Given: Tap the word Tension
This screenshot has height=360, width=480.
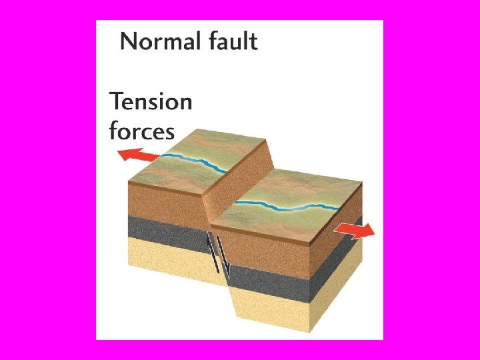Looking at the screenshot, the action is click(x=151, y=102).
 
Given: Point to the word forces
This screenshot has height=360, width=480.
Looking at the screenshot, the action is click(x=141, y=130).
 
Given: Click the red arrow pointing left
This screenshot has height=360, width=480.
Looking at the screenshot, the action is click(x=138, y=156).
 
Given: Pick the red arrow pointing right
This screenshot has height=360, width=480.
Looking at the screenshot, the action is click(x=354, y=231).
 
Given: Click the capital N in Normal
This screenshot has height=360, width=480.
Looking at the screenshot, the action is click(x=129, y=42).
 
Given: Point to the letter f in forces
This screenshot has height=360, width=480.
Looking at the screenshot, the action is click(x=113, y=130).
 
